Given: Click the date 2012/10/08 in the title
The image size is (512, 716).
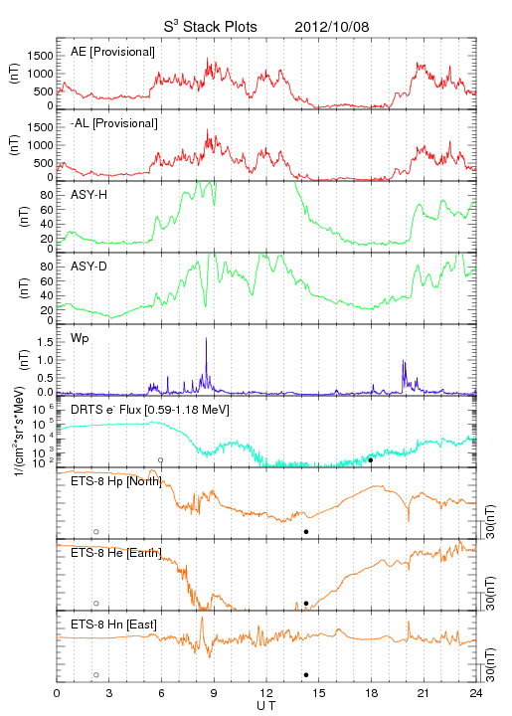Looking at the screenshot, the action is point(332,27).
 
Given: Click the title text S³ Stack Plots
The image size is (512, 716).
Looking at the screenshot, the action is point(211,26).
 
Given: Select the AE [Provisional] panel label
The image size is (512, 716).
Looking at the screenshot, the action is point(112,52).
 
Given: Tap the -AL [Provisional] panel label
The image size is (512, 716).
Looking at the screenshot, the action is point(114,123).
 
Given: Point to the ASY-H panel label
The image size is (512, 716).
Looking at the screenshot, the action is point(89,195).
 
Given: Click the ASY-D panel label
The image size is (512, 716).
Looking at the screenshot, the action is point(89,267).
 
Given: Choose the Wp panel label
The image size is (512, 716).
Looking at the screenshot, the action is point(80,338).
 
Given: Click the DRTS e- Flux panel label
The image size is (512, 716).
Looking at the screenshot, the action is point(150,410).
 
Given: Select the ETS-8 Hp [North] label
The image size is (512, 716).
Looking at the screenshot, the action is point(116,481).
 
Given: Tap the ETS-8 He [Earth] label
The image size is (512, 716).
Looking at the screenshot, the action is point(116,553).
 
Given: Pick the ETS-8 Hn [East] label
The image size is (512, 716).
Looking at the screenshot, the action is point(113,625).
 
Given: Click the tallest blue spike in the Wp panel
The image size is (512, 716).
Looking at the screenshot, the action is point(206,338).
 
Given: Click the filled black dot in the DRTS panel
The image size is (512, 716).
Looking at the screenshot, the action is point(371,460).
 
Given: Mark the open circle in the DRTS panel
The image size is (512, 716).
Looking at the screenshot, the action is point(161,460).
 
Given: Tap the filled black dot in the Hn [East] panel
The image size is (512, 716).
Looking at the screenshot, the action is point(306,675).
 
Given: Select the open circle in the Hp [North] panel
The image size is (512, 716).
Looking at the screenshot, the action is point(96,532).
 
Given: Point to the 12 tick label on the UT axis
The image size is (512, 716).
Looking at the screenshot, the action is point(266,693).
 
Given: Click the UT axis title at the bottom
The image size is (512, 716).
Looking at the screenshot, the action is point(266,706).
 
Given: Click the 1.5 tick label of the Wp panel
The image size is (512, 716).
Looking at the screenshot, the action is point(45,342).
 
